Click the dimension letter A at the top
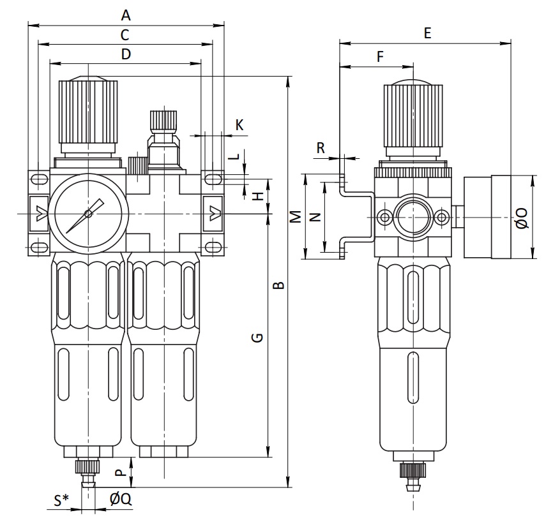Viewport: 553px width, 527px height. click(x=126, y=15)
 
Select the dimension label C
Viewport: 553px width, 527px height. click(x=125, y=35)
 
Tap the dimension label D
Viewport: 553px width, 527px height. click(x=126, y=54)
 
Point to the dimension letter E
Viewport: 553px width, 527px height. click(x=427, y=33)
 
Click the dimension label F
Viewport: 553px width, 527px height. click(x=380, y=56)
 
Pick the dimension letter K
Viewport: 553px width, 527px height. click(x=239, y=124)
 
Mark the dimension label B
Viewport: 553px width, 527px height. click(x=279, y=285)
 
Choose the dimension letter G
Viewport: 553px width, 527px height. click(x=257, y=338)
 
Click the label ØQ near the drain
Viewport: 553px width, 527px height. click(x=121, y=499)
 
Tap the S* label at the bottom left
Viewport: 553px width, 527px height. click(x=61, y=500)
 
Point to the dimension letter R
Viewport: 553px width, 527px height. click(x=321, y=148)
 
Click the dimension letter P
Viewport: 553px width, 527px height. click(x=121, y=472)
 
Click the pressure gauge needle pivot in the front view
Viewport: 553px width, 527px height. click(x=88, y=214)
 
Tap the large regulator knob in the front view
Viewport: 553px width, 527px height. click(x=88, y=113)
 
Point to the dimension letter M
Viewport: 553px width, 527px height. click(x=296, y=217)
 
